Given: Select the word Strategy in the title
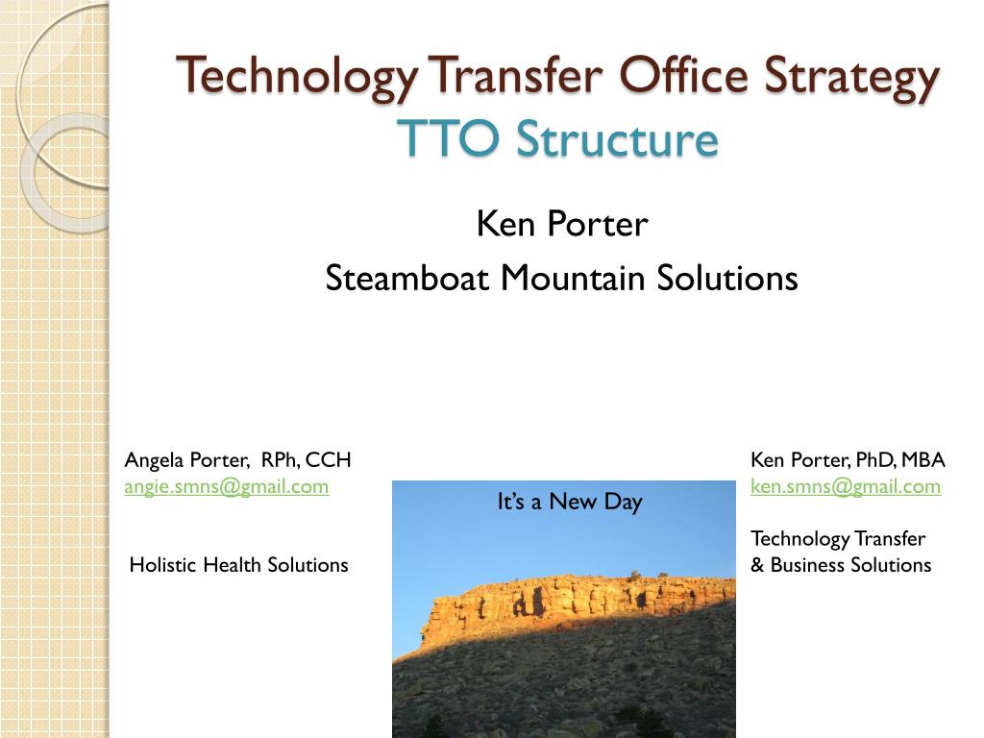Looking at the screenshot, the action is (x=851, y=77).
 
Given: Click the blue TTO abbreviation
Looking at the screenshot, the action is (x=448, y=138).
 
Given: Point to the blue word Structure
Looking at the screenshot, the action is (x=617, y=138).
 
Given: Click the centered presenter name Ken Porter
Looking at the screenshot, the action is (x=561, y=223).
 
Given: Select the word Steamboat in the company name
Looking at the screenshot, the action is (x=406, y=278).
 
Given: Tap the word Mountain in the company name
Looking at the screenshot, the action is (x=573, y=278).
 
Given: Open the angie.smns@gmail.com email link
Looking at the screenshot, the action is (x=227, y=487).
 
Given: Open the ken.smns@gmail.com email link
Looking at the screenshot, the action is (x=846, y=487).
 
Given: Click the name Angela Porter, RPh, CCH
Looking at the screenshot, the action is (x=238, y=460).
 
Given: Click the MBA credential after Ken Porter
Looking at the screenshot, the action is (x=923, y=460).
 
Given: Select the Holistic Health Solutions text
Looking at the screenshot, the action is (x=238, y=565).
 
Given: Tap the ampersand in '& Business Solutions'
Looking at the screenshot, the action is (x=757, y=565).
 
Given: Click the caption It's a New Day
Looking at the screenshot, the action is (x=570, y=502).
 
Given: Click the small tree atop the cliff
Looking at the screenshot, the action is (x=635, y=575).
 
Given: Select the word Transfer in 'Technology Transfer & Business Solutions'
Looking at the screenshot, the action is (x=890, y=538).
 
